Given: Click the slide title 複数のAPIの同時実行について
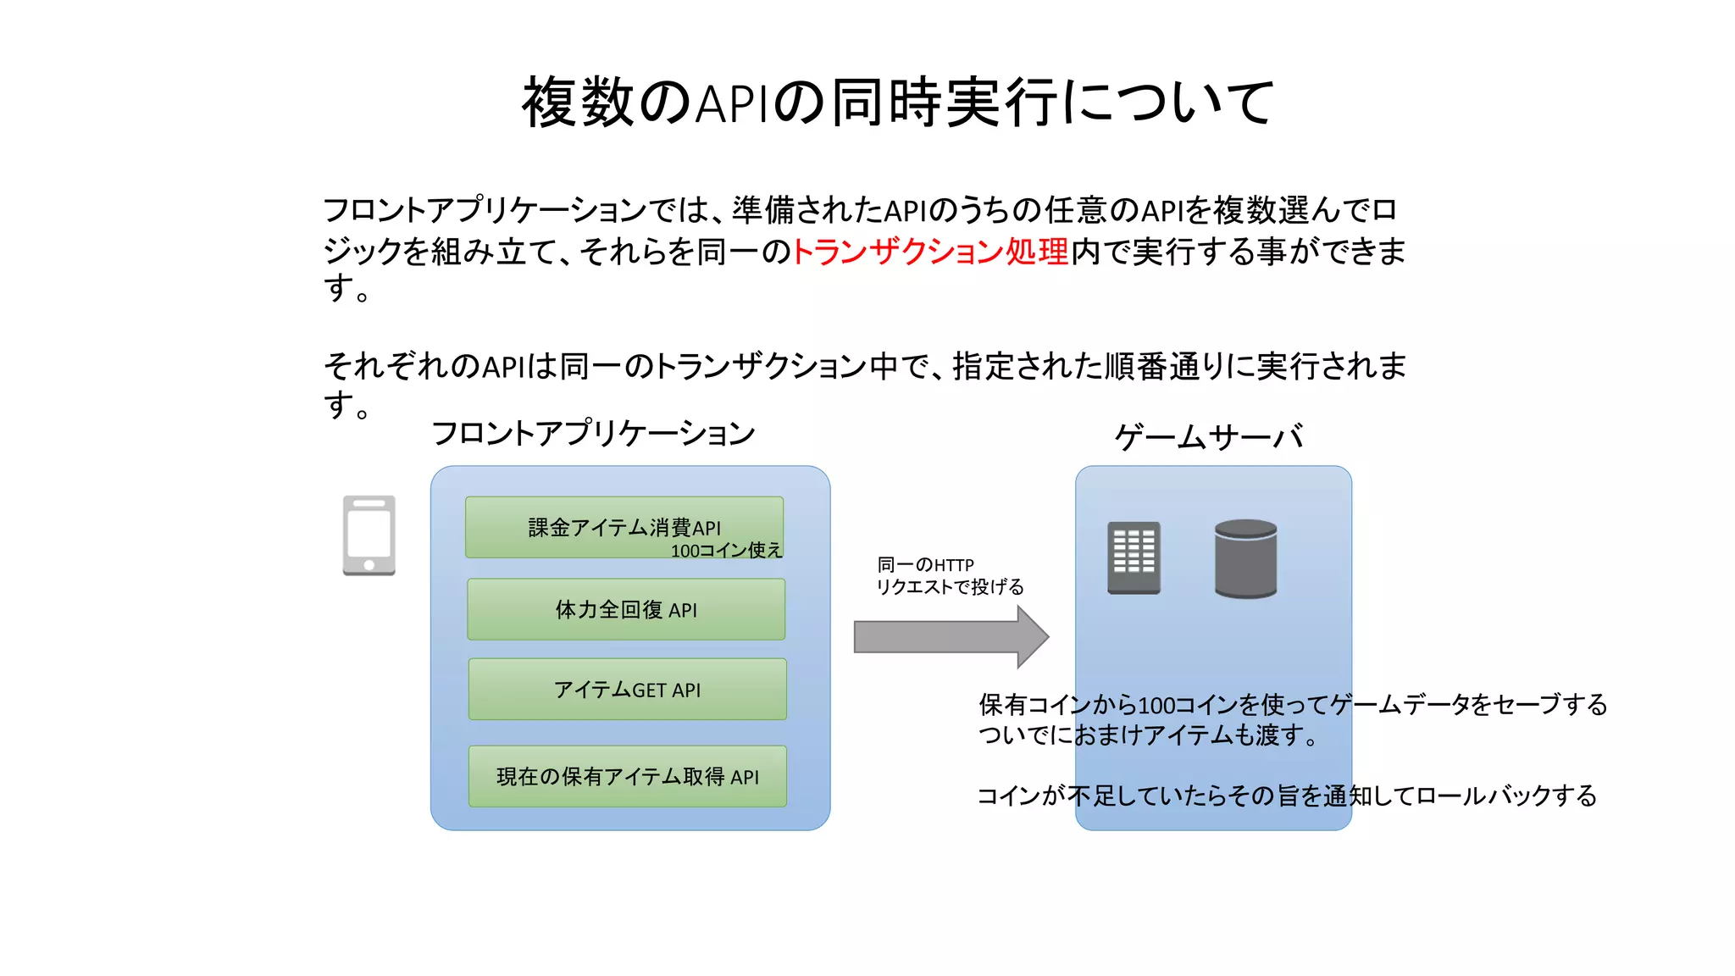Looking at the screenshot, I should point(898,103).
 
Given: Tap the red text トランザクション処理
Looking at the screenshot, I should point(929,252).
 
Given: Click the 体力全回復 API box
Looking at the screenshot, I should point(626,609).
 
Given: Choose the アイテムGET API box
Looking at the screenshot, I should point(627,690).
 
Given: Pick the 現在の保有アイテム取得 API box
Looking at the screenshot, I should point(627,776).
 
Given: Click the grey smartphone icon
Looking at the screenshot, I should point(369,535).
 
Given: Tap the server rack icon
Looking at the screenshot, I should point(1134,557).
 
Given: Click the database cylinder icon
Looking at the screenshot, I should point(1245,558).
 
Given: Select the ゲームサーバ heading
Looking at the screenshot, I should point(1209,437).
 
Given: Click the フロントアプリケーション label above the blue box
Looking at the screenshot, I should point(593,434).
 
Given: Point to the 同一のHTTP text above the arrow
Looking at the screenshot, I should point(925,565).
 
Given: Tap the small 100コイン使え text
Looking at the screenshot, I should point(726,551).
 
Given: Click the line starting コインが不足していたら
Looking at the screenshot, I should point(1286,796).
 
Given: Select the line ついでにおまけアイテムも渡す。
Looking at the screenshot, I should point(1148,735).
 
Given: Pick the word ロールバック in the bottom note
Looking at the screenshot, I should point(1483,796).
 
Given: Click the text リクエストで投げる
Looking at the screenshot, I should point(950,587).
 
